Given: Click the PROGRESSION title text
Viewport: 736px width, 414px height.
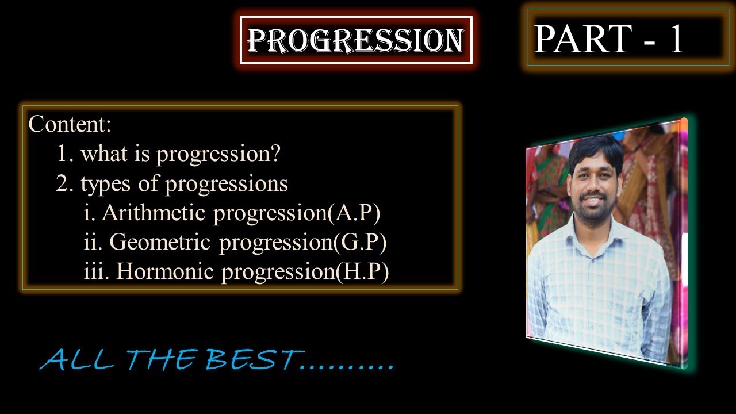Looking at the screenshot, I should pyautogui.click(x=356, y=40).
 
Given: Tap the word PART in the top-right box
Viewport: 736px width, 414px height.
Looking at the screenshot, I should pyautogui.click(x=582, y=39).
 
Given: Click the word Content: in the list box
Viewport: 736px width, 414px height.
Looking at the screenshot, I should pyautogui.click(x=70, y=124).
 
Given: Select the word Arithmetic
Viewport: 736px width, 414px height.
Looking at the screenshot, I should pyautogui.click(x=155, y=213).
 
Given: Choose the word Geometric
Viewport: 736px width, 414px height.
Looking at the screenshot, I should pyautogui.click(x=159, y=242).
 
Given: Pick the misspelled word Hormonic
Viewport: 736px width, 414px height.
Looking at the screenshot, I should pyautogui.click(x=166, y=271).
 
